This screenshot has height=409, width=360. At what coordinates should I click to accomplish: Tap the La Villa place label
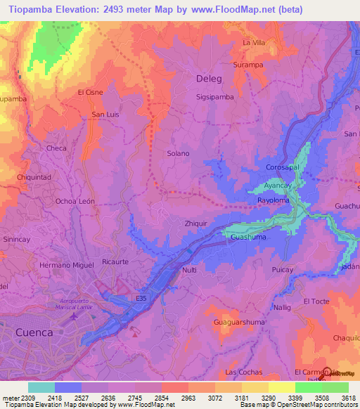[x=253, y=43]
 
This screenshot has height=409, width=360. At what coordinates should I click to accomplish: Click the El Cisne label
[x=90, y=92]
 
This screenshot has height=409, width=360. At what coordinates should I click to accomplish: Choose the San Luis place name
[x=105, y=115]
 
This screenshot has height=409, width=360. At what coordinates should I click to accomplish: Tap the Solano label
[x=178, y=153]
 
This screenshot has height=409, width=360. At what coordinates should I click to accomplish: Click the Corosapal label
[x=283, y=167]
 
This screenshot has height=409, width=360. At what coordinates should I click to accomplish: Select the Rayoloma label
[x=274, y=200]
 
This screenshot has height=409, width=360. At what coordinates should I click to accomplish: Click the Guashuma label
[x=247, y=238]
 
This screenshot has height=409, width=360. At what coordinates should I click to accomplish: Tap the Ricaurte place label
[x=115, y=261]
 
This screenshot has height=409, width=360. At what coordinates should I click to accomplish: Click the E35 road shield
[x=141, y=299]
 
